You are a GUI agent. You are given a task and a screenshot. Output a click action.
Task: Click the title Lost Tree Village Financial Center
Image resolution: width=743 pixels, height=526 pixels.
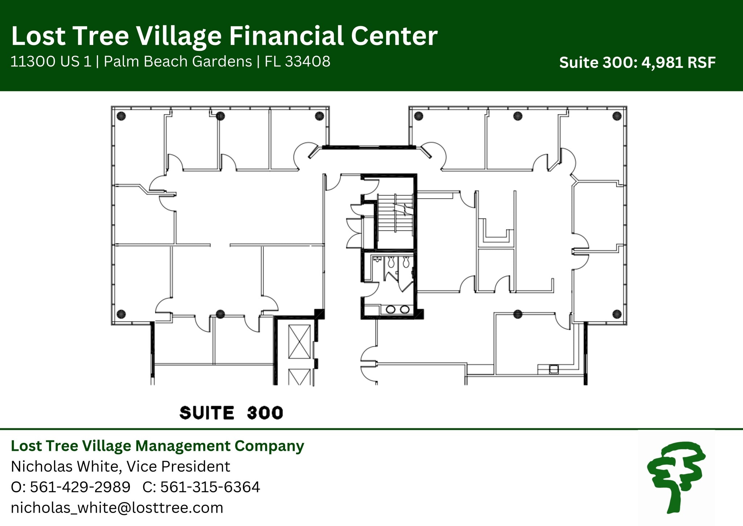(x=224, y=36)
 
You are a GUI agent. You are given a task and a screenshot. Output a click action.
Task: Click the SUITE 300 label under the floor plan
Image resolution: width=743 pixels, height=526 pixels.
(x=231, y=413)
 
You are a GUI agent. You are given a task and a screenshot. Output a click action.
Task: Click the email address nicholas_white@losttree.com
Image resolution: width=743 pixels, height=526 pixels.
(x=117, y=507)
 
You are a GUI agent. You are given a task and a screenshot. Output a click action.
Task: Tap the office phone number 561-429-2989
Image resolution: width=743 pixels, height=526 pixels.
(x=80, y=487)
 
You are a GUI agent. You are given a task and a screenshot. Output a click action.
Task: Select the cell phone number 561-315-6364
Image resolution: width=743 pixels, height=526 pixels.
(x=210, y=487)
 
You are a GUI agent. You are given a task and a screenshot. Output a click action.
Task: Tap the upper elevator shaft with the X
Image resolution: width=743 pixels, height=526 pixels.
(x=299, y=342)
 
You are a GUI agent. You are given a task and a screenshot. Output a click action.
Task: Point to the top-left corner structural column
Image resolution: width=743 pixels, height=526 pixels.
(x=122, y=116)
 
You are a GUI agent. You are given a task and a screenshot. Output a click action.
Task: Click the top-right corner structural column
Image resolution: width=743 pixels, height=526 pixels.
(x=617, y=116)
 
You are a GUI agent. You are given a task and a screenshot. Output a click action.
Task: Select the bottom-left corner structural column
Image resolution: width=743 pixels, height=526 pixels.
(x=121, y=314)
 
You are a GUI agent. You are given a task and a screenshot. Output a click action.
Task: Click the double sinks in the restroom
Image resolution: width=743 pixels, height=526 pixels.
(x=397, y=310)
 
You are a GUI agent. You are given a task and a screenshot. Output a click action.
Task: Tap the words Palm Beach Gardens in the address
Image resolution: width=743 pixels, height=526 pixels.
(x=178, y=61)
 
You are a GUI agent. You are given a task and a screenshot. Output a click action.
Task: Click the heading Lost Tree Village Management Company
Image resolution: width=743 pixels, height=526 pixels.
(x=157, y=446)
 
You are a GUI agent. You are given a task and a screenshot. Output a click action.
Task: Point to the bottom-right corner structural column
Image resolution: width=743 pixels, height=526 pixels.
(x=617, y=314)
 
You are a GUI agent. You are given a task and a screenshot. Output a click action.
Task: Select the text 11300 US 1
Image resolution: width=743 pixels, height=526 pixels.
(x=51, y=61)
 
